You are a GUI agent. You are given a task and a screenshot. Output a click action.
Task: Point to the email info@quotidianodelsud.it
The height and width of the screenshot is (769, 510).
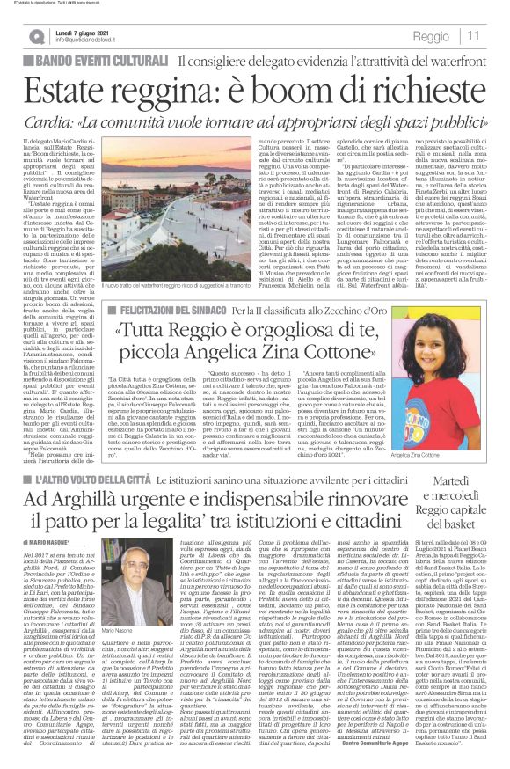pyautogui.click(x=98, y=40)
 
